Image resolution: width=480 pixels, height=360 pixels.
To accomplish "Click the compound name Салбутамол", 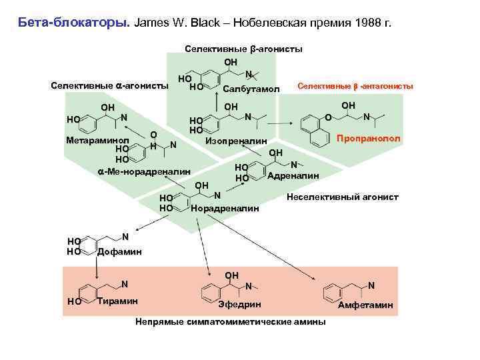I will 251,88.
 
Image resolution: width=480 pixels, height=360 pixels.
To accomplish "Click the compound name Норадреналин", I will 225,209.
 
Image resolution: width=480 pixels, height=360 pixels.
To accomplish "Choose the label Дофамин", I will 119,251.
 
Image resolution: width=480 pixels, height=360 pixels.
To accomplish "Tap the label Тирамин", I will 117,301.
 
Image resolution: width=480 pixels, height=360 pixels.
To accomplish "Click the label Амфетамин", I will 366,305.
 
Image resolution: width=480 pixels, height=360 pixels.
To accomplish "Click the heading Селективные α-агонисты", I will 109,86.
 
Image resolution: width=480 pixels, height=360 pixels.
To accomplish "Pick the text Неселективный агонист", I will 342,197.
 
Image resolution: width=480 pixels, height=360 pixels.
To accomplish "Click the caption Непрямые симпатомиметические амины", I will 231,322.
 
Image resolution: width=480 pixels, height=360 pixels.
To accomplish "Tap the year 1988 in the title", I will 367,22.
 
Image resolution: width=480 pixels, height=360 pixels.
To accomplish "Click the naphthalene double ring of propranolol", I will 313,129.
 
